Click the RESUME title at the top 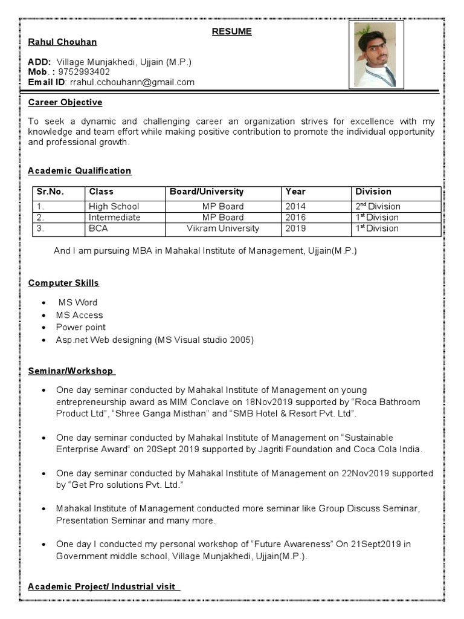coord(231,31)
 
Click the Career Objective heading coord(65,102)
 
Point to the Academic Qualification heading coord(80,171)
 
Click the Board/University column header coord(207,192)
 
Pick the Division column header coord(373,192)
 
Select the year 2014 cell coord(295,206)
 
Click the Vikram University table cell coord(223,228)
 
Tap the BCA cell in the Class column coord(98,228)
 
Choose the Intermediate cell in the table coord(114,217)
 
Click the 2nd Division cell coord(378,206)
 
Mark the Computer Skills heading coord(63,283)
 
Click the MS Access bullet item coord(79,315)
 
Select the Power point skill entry coord(81,327)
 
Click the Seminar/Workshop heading coord(71,371)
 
